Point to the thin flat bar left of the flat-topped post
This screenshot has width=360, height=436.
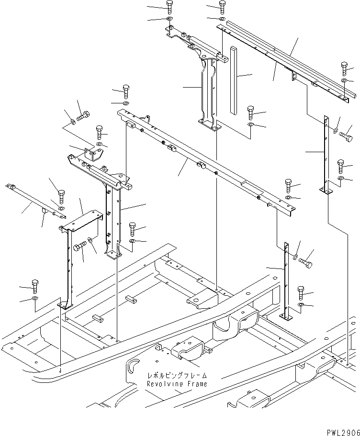coord(33,197)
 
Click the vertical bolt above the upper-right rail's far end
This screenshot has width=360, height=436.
coord(344,67)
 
